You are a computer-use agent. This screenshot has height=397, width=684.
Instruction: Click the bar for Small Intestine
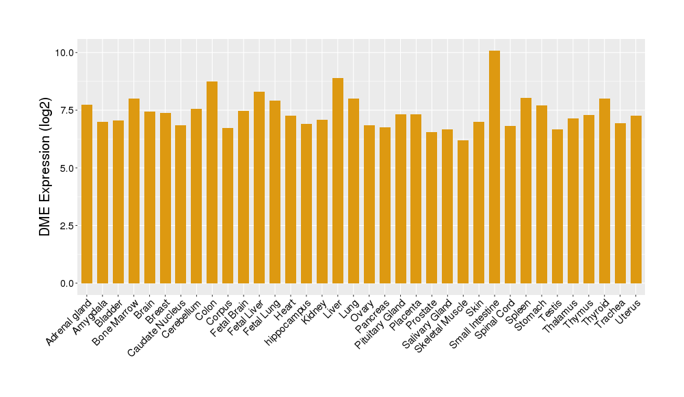point(495,167)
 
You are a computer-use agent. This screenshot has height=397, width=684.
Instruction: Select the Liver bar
point(338,181)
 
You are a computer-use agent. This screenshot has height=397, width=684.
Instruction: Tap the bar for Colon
point(212,182)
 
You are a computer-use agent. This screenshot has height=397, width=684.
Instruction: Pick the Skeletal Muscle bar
point(463,212)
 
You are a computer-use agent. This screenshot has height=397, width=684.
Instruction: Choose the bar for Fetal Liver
point(259,188)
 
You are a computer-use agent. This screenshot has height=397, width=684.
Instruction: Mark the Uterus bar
point(636,199)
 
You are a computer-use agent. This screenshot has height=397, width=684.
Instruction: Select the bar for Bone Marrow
point(134,191)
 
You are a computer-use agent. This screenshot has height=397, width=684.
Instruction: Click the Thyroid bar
point(605,191)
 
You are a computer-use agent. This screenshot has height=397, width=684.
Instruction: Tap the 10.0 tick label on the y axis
point(67,53)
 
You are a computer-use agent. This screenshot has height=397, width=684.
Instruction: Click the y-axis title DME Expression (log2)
point(45,168)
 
